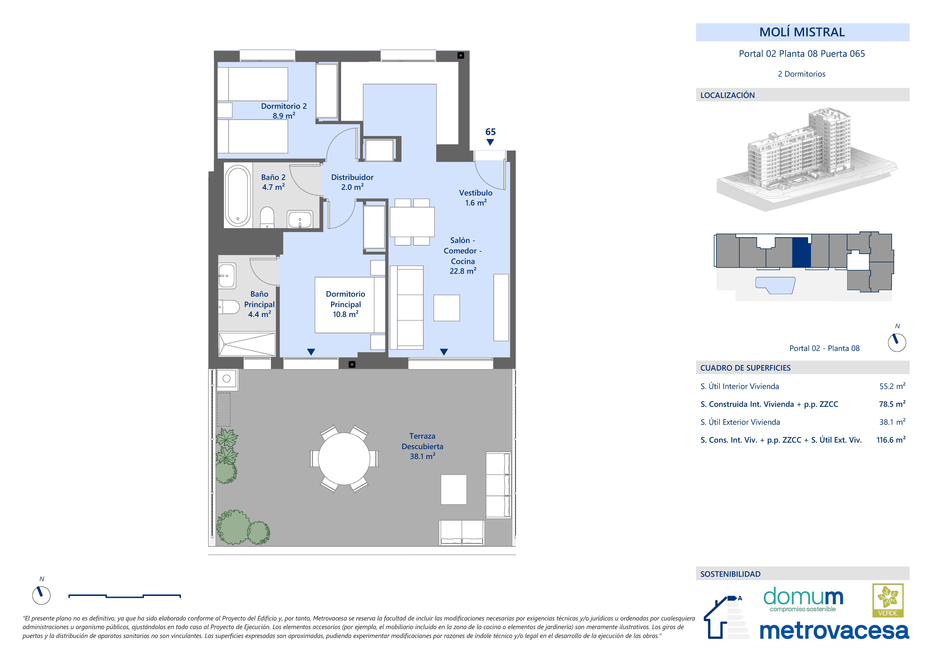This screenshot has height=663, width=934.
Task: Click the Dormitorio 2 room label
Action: tap(284, 111)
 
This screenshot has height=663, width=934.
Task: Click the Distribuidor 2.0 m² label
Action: tap(352, 182)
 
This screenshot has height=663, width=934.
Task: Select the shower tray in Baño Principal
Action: tap(247, 344)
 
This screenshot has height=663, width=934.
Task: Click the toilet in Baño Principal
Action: tap(229, 307)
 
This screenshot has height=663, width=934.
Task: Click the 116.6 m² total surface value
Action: tap(891, 440)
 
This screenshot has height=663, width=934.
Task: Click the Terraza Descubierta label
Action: tap(422, 446)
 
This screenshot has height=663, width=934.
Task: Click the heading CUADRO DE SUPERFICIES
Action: tap(745, 368)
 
